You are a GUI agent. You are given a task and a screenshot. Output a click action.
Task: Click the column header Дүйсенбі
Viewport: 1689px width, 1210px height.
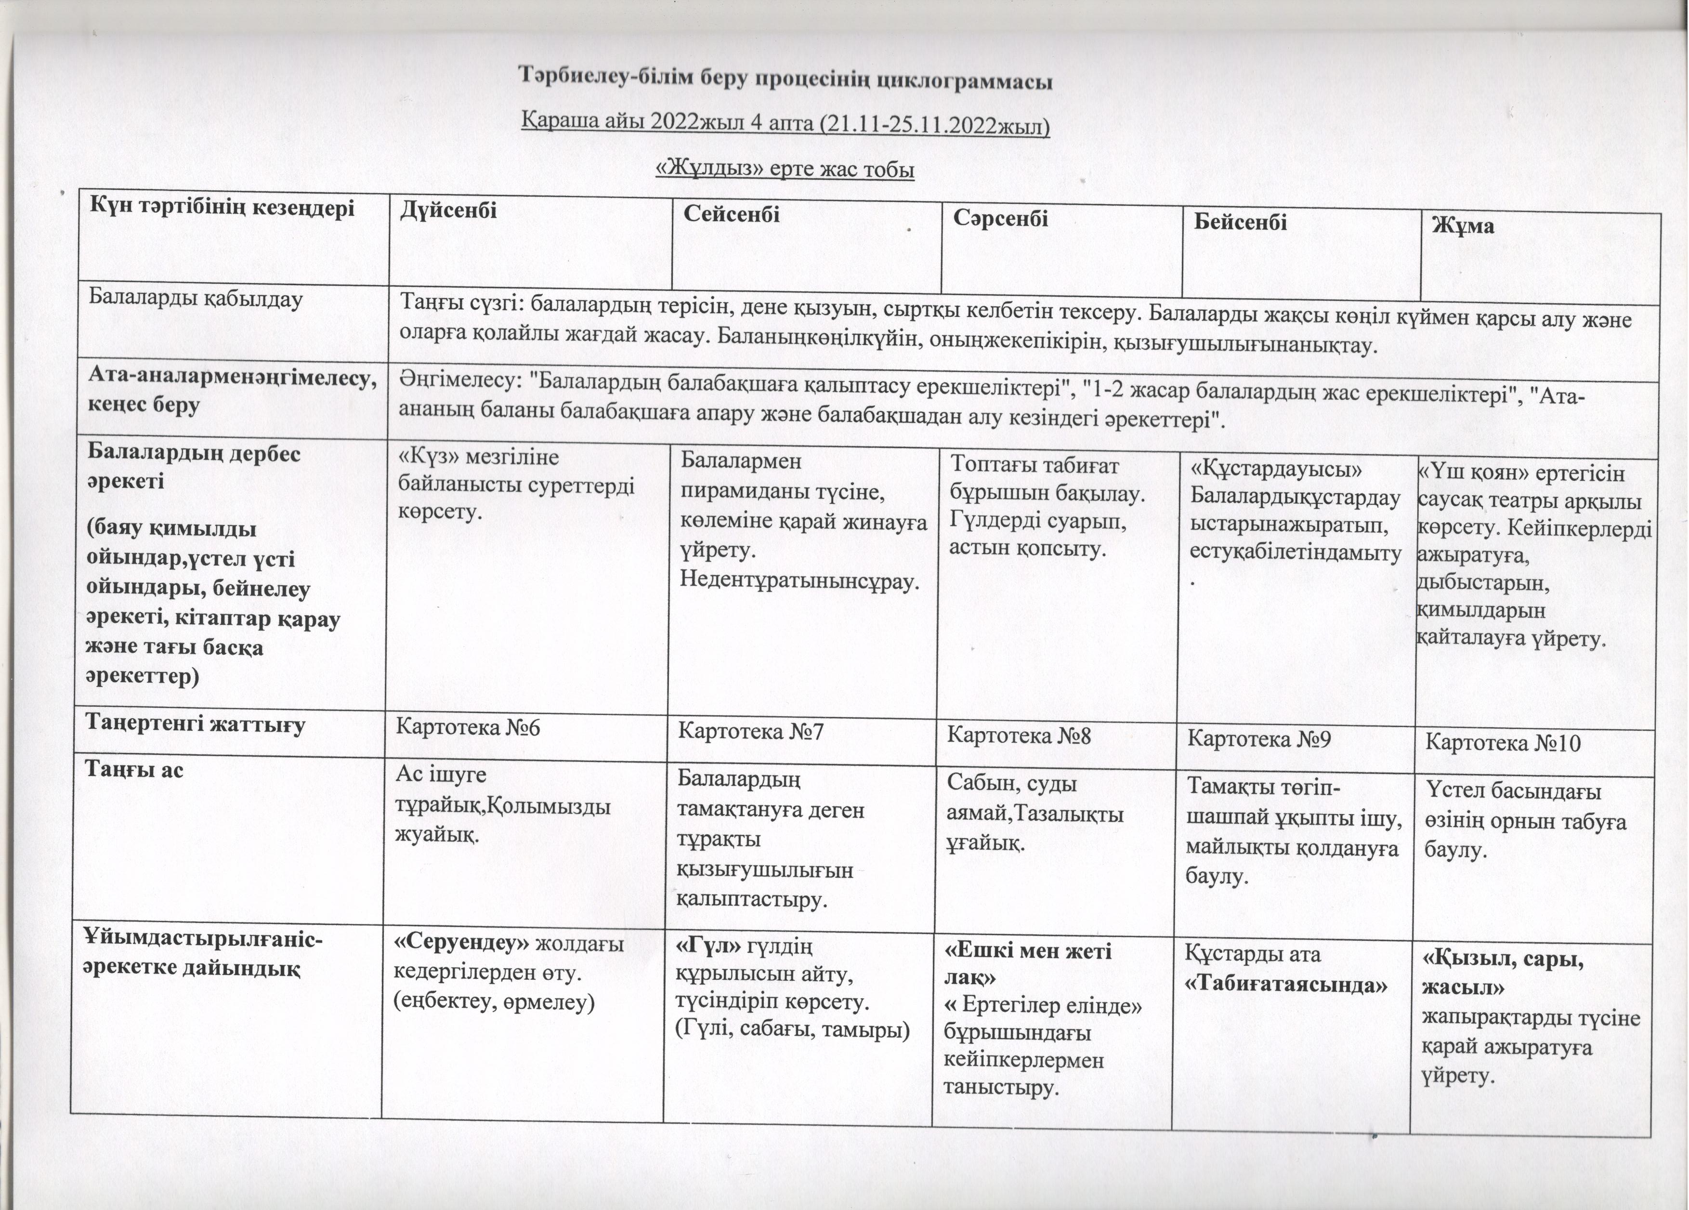point(448,211)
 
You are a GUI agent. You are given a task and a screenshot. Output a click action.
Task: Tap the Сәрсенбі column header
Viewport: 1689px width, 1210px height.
point(1001,218)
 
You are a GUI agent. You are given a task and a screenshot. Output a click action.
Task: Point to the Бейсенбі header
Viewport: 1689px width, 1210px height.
point(1241,222)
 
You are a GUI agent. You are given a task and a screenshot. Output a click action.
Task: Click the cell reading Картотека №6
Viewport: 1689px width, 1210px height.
point(468,727)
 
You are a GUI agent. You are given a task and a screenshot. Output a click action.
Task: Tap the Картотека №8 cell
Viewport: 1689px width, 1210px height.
point(1019,736)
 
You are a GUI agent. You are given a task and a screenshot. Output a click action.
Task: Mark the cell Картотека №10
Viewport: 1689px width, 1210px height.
point(1503,743)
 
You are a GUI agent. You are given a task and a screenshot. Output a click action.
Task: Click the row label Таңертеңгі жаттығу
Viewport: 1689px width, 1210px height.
point(195,724)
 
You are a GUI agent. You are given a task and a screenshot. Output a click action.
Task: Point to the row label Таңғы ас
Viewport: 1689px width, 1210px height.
point(134,769)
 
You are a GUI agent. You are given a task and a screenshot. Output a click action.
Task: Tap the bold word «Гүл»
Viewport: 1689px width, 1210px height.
point(708,946)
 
